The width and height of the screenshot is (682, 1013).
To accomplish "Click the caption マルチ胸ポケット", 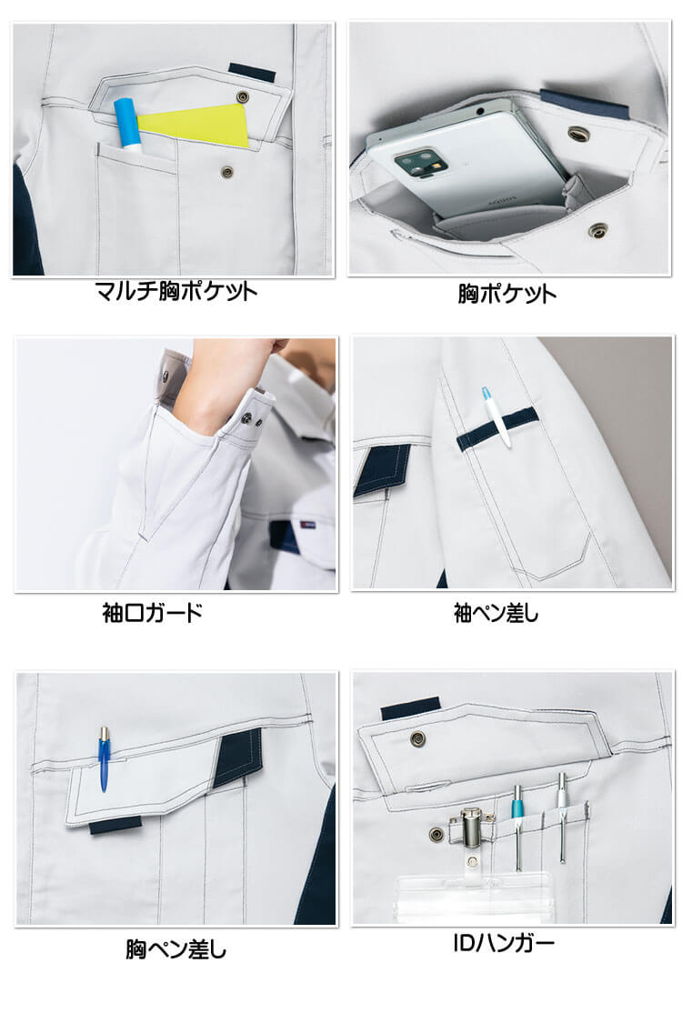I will (x=177, y=291).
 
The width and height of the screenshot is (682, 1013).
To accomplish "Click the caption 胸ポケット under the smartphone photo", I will (x=508, y=294).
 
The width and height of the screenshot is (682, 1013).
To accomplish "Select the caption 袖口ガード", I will (x=153, y=612).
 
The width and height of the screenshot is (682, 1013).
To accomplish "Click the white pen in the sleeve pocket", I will (x=496, y=418).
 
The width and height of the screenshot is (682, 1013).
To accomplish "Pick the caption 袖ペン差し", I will (x=496, y=614).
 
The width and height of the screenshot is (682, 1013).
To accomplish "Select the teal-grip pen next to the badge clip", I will (x=517, y=818).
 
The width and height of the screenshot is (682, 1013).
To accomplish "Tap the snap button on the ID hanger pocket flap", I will (x=420, y=737).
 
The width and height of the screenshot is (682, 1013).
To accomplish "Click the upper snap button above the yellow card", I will (x=244, y=97).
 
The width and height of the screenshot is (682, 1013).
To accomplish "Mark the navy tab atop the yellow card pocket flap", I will (x=246, y=71).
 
